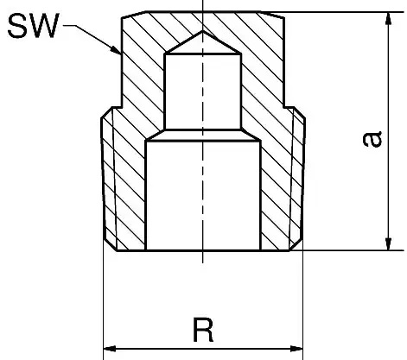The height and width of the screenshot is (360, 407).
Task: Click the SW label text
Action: [x=33, y=26]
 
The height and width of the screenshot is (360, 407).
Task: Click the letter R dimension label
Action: [x=203, y=330]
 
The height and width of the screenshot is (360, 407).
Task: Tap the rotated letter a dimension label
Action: [x=372, y=139]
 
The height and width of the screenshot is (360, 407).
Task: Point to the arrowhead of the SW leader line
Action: [x=116, y=50]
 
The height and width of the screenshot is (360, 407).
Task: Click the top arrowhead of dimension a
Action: [x=389, y=19]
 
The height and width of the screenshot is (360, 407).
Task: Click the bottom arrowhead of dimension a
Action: [x=389, y=243]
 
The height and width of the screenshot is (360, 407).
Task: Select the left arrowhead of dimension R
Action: [x=110, y=349]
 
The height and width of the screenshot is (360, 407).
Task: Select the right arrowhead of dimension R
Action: [x=296, y=349]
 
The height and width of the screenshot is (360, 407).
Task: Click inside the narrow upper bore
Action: [x=203, y=92]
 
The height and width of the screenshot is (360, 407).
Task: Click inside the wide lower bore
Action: [x=203, y=196]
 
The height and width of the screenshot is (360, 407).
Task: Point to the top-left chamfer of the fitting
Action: [x=134, y=15]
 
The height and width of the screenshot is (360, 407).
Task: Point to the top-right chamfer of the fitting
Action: [x=272, y=15]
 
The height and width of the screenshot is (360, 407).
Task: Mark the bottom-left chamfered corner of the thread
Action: [x=110, y=245]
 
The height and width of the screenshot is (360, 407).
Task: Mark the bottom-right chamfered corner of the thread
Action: [x=296, y=245]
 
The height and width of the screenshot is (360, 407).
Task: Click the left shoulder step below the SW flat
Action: [x=117, y=107]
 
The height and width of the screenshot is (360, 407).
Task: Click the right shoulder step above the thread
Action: [x=289, y=107]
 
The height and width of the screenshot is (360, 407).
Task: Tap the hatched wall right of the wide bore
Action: [x=275, y=196]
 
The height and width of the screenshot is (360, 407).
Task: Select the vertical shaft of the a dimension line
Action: [x=389, y=131]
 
